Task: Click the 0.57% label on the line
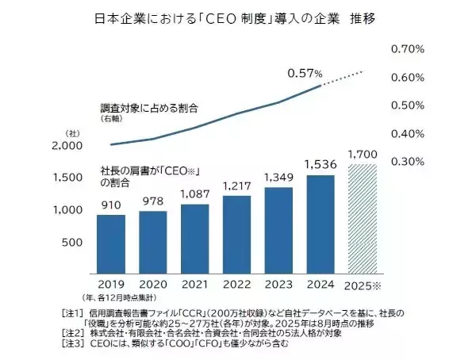(x=305, y=73)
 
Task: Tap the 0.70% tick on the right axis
(x=409, y=50)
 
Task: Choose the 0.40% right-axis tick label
(x=409, y=133)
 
